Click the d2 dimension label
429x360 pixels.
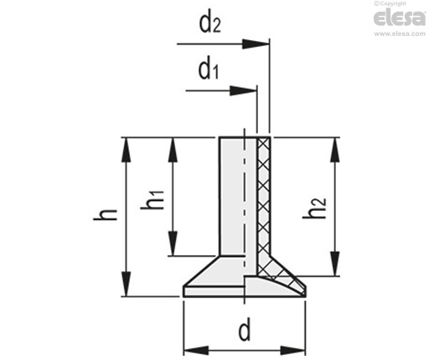tap(209, 23)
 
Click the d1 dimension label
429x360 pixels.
tap(209, 69)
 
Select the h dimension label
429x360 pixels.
tap(105, 214)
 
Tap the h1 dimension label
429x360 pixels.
tap(152, 200)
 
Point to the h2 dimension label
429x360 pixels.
tap(314, 208)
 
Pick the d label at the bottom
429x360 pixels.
tap(245, 330)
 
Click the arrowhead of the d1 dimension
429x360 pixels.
tap(243, 90)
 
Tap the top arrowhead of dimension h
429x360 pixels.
tap(127, 150)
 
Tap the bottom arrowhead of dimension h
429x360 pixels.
tap(127, 284)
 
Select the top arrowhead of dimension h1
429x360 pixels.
tap(173, 150)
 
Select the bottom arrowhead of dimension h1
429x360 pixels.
tap(173, 243)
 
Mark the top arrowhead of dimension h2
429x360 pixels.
tap(334, 150)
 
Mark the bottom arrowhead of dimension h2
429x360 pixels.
tap(334, 264)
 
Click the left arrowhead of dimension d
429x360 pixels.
tap(196, 350)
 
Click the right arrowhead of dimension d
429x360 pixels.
tap(292, 350)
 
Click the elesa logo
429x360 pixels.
tap(400, 18)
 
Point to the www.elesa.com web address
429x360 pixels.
tap(400, 33)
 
